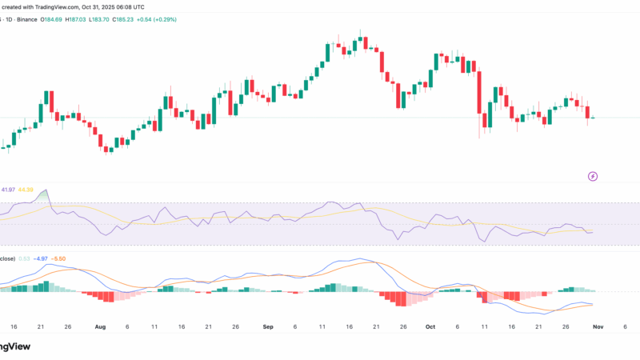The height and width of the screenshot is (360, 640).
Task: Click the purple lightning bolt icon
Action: tap(594, 176)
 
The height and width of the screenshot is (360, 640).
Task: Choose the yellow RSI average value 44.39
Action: tap(27, 190)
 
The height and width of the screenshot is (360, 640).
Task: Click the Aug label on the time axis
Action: tap(100, 327)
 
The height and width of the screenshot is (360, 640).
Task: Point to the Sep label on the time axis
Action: tap(267, 327)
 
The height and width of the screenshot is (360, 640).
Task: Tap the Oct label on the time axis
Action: tap(430, 327)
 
